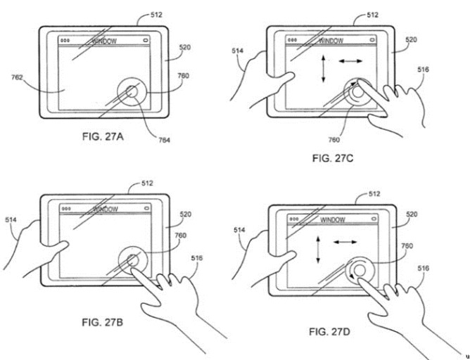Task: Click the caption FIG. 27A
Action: click(103, 136)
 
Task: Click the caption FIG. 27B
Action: click(102, 322)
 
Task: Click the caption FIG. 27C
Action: click(333, 157)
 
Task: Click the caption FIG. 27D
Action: click(329, 332)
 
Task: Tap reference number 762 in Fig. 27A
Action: click(17, 77)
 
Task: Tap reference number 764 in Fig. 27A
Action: click(164, 140)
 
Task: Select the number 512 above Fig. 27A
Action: click(156, 15)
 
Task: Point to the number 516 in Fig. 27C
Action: click(423, 70)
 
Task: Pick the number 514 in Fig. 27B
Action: click(11, 220)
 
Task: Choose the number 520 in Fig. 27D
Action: click(412, 214)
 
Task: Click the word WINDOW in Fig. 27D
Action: click(333, 220)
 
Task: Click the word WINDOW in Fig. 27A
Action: click(104, 41)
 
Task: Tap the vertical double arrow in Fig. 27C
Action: click(323, 69)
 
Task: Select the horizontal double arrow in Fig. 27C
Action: click(350, 61)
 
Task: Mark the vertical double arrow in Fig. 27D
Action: click(318, 250)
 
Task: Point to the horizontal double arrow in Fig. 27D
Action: click(345, 242)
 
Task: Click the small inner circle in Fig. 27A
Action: click(132, 91)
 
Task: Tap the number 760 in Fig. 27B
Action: click(180, 236)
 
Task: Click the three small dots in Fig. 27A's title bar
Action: click(65, 40)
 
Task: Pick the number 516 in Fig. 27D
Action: click(423, 269)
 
